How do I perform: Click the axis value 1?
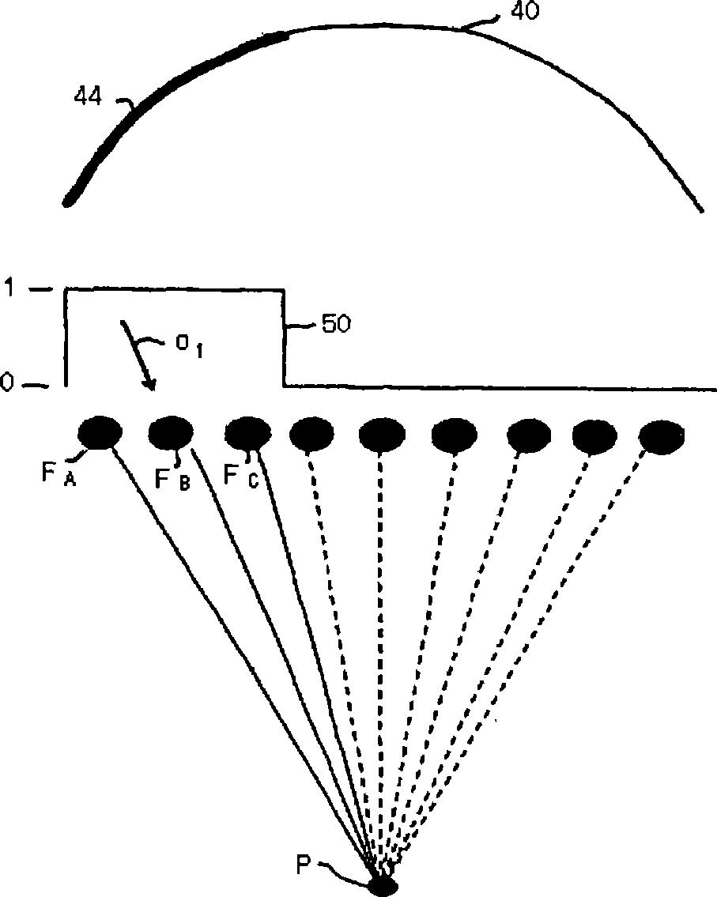tap(10, 288)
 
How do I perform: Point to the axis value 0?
tap(8, 384)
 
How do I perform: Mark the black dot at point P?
tap(383, 885)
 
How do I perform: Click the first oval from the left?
tap(100, 433)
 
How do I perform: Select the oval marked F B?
tap(172, 433)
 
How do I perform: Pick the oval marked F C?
tap(248, 433)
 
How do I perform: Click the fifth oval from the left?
tap(383, 435)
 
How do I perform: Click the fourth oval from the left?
tap(314, 434)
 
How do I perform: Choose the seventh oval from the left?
tap(528, 435)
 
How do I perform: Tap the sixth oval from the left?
tap(455, 435)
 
